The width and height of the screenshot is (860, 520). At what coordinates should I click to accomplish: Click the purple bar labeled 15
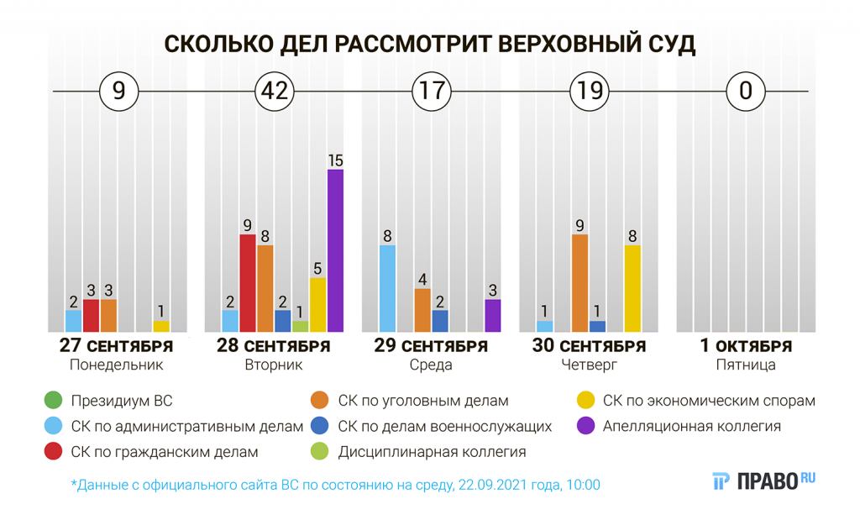(x=335, y=250)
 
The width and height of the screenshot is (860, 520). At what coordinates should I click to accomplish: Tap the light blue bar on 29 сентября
(x=387, y=288)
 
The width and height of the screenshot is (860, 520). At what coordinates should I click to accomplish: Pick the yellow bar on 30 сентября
(x=632, y=288)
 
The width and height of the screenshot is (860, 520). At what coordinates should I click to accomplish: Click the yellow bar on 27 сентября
(x=160, y=325)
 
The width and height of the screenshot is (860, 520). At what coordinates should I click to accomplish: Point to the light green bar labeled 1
(x=300, y=326)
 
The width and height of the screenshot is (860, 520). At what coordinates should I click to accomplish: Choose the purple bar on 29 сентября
(x=493, y=315)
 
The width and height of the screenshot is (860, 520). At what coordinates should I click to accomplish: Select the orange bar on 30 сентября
(x=579, y=282)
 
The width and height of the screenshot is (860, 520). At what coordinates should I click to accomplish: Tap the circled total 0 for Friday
(x=746, y=91)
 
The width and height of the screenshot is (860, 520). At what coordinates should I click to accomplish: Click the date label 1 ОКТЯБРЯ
(x=746, y=346)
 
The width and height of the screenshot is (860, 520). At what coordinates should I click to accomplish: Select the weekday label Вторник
(x=274, y=365)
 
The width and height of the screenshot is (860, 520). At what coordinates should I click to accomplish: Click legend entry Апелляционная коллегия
(x=691, y=426)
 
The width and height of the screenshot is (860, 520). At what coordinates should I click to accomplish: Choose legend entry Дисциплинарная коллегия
(x=432, y=452)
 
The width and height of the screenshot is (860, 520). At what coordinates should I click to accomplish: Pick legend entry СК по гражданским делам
(x=165, y=452)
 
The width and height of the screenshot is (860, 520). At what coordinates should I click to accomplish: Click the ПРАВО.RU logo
(x=763, y=481)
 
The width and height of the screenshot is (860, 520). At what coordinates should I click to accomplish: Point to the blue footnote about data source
(x=336, y=485)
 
